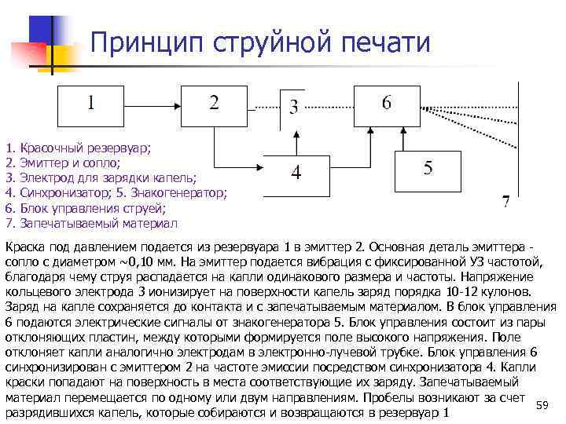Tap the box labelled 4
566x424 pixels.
click(296, 173)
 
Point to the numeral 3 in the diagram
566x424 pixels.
click(293, 107)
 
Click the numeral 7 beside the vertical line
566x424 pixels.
click(506, 201)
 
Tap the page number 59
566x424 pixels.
click(541, 404)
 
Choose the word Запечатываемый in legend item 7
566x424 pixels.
click(62, 222)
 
